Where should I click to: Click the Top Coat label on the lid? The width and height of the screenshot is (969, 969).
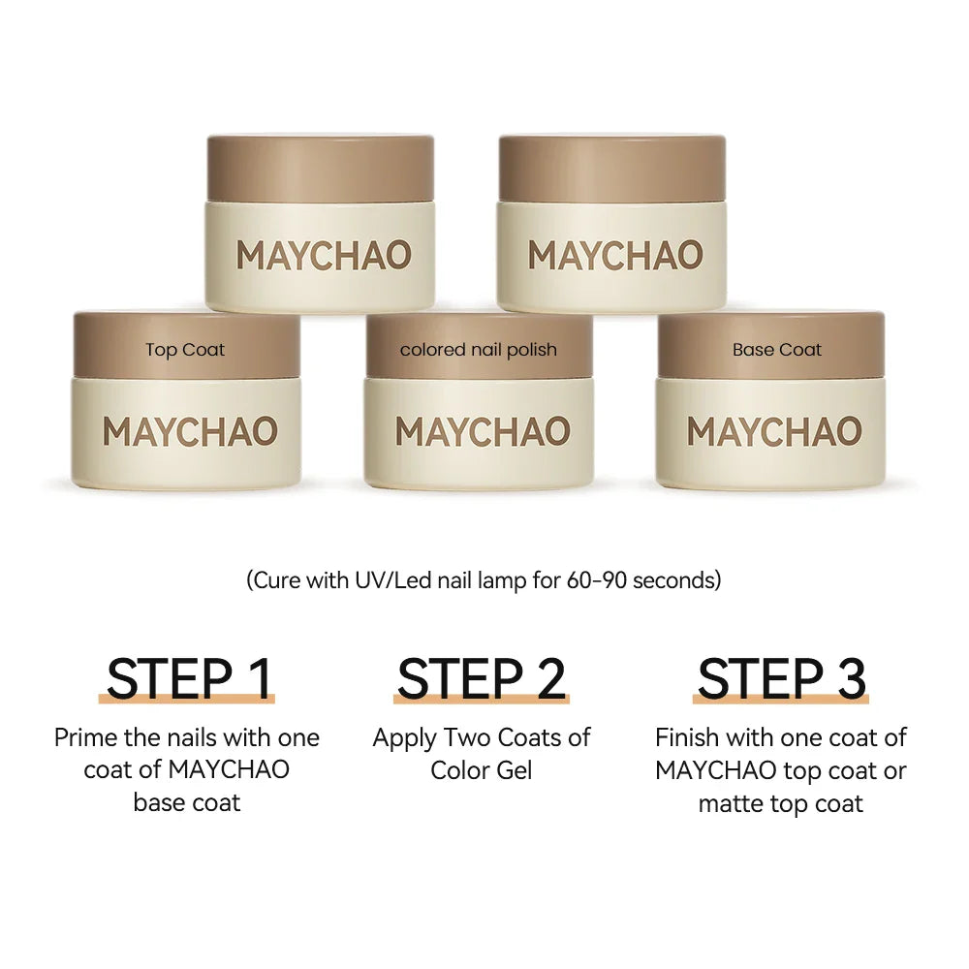click(x=185, y=350)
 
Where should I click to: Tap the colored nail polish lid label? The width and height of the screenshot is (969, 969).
click(x=479, y=350)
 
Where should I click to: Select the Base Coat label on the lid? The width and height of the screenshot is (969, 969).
click(x=777, y=350)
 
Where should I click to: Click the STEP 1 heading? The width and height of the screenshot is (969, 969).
click(x=189, y=678)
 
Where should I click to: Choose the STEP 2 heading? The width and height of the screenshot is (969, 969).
click(x=482, y=678)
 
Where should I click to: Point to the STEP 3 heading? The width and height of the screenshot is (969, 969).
click(x=781, y=678)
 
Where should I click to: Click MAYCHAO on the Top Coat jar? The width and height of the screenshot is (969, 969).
click(x=190, y=432)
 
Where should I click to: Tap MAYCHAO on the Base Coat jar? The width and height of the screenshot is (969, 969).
click(x=774, y=432)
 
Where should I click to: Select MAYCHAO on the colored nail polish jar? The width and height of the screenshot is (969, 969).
click(x=483, y=432)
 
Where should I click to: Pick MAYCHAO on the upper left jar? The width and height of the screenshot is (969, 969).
click(x=324, y=256)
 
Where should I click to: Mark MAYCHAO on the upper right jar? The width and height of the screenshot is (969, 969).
click(x=615, y=256)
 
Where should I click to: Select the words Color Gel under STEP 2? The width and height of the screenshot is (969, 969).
click(x=482, y=770)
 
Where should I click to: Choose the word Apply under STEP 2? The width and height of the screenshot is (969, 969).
click(x=405, y=738)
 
